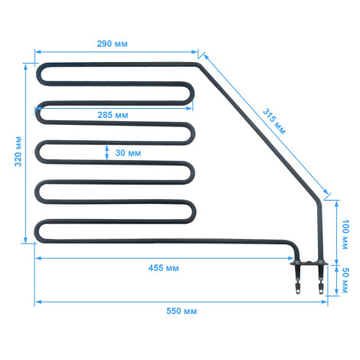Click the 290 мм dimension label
(112, 44)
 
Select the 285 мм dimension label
(113, 115)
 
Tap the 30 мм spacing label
(128, 153)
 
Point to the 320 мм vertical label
(18, 152)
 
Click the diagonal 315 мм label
(274, 122)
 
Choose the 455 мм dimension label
(163, 268)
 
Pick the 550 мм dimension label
(182, 311)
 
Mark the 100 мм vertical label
(345, 234)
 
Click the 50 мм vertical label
(345, 280)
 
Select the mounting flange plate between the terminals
(309, 263)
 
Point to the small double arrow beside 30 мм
(106, 152)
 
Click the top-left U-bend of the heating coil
(39, 74)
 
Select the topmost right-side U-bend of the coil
(191, 93)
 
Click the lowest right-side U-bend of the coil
(193, 211)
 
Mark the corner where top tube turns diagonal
(198, 64)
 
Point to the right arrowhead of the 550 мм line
(324, 302)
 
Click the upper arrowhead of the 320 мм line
(25, 67)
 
